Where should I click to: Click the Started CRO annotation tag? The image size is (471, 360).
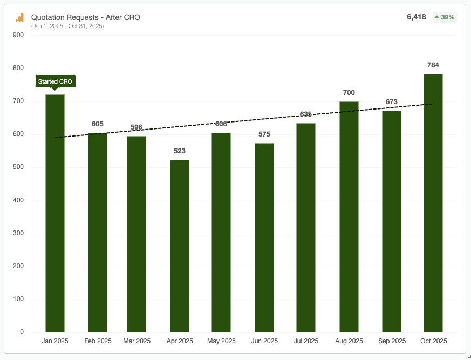55,81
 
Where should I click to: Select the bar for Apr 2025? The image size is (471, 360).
179,246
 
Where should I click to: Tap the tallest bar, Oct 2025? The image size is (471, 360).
433,203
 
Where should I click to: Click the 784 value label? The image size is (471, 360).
433,65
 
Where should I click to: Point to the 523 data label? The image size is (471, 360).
180,151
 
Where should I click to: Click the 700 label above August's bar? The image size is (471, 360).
349,93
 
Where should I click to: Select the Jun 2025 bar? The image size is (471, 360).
264,237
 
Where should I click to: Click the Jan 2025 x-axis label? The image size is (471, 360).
55,341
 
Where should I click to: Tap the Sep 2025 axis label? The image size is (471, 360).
392,341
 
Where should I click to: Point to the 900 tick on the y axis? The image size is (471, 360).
18,35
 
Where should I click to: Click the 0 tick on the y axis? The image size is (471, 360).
22,332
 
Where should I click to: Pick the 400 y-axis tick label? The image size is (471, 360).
18,201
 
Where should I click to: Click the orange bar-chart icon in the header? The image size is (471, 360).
19,18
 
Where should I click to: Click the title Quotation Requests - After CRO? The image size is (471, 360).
86,17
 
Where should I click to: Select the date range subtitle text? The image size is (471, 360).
67,26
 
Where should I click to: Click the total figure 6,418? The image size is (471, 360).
416,17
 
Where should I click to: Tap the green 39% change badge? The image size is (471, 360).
445,17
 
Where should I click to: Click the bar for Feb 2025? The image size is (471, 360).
98,232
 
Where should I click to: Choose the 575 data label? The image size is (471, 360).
264,134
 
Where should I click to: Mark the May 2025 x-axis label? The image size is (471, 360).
221,341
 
